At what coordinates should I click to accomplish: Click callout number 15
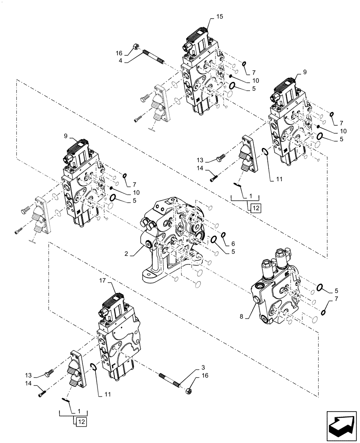[220, 16]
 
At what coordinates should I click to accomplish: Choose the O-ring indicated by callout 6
[223, 235]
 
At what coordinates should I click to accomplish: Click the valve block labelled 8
[275, 292]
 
